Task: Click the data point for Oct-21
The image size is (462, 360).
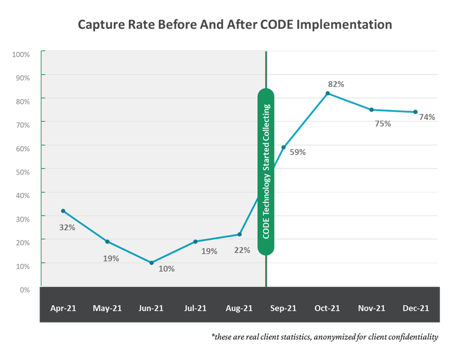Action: [328, 93]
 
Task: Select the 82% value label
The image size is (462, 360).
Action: [336, 84]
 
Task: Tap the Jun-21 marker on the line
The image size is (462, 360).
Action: [151, 262]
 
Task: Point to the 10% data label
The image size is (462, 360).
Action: [167, 268]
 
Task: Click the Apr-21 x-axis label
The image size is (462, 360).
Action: [63, 308]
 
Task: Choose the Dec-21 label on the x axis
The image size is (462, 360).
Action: [416, 308]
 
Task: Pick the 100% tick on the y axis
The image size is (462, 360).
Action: [20, 53]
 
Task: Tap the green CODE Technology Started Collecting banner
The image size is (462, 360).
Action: [266, 171]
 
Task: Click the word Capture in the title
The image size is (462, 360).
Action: [99, 24]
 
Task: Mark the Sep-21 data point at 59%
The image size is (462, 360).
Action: [284, 147]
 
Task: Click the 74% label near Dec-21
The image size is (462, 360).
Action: [427, 117]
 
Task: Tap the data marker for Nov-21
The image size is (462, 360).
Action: [372, 109]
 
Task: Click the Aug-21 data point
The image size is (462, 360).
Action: [240, 234]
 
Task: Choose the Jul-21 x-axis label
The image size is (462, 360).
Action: [195, 308]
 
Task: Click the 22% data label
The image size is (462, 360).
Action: [242, 250]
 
